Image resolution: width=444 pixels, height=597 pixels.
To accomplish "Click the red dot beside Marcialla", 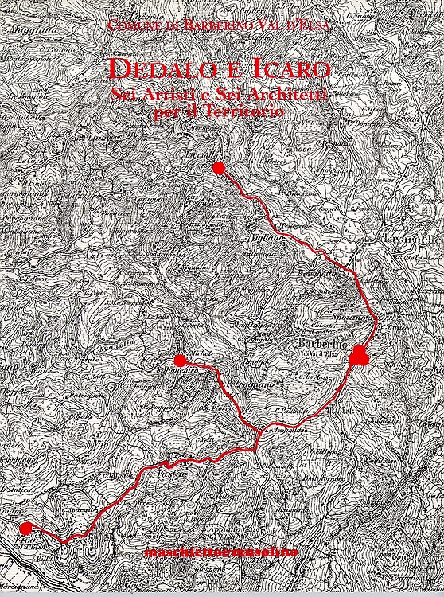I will [219, 166].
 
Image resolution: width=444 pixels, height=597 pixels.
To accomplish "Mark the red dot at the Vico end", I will [25, 528].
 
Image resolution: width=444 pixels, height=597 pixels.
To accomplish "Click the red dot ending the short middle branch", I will [179, 360].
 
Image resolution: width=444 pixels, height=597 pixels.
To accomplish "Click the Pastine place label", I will [176, 472].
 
